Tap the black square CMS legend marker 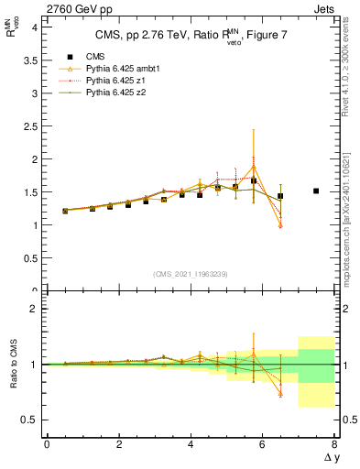[70, 56]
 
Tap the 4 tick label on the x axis [191, 444]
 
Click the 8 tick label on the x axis [334, 444]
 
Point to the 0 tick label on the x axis [47, 444]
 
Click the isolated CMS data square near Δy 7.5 [316, 191]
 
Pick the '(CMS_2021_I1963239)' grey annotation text [191, 274]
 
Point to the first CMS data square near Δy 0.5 [65, 211]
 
